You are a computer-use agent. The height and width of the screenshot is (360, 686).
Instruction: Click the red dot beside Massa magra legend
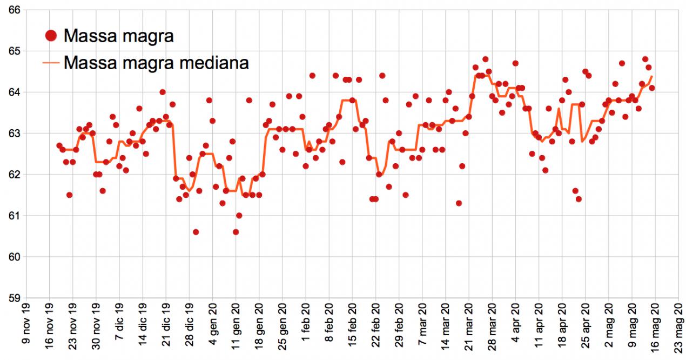point(51,36)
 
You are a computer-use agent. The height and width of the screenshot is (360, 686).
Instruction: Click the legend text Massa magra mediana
point(156,62)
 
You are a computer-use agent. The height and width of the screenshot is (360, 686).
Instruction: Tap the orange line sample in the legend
point(51,63)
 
